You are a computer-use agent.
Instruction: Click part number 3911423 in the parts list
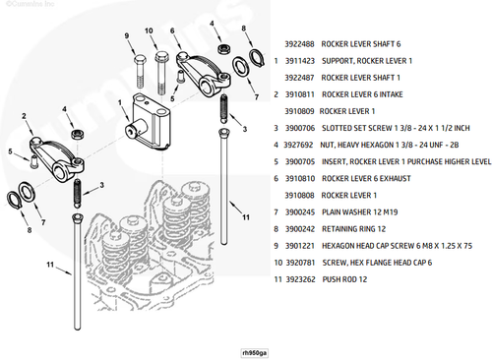[x=300, y=61]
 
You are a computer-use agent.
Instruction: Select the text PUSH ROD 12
[x=344, y=279]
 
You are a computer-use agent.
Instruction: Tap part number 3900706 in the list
[x=300, y=128]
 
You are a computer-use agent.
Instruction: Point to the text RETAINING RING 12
[x=353, y=229]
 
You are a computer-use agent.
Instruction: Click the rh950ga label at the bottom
[x=254, y=353]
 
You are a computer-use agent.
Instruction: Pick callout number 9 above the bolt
[x=127, y=35]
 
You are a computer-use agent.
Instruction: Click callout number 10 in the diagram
[x=149, y=30]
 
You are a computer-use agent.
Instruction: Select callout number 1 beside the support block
[x=120, y=103]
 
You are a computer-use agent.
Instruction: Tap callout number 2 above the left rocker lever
[x=24, y=116]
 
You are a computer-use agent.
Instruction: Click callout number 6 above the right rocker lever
[x=172, y=30]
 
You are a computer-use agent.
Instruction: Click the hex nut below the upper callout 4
[x=223, y=48]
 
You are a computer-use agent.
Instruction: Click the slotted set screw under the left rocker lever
[x=78, y=193]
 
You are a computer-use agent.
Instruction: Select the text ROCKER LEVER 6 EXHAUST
[x=366, y=179]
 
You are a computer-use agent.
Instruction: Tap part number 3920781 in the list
[x=300, y=263]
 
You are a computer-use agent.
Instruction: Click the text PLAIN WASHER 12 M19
[x=360, y=212]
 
